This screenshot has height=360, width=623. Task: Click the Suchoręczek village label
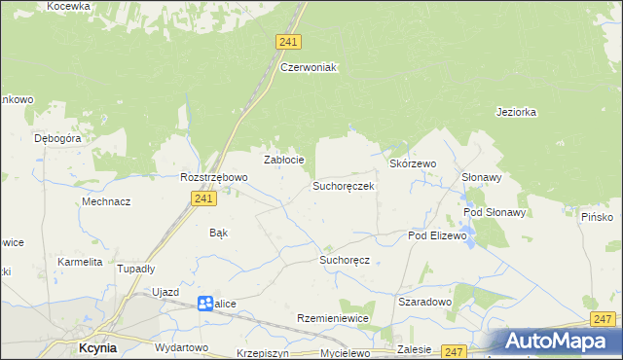[343, 186]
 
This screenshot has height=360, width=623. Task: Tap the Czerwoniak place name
[308, 67]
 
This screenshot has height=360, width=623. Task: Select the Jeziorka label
[516, 112]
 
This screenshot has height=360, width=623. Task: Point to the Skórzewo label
[413, 164]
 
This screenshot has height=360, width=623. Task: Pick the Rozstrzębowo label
[214, 177]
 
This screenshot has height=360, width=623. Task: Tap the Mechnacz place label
[107, 201]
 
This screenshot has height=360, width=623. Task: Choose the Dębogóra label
[57, 138]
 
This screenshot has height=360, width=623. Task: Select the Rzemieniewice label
[335, 318]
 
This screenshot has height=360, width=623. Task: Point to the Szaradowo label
[425, 302]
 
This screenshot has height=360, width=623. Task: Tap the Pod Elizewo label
[438, 235]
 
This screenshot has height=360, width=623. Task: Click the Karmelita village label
[80, 262]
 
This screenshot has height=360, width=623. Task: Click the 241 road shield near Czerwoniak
[288, 42]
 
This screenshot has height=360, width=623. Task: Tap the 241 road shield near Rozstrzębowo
[202, 198]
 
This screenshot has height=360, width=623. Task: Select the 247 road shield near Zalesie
[453, 350]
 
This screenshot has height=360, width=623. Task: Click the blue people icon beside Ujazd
[204, 304]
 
